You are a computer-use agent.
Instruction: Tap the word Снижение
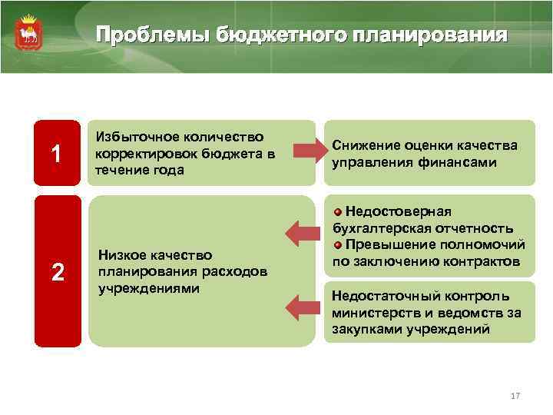click(x=365, y=146)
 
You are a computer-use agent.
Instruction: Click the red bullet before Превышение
click(x=338, y=245)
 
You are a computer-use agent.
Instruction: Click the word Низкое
click(x=121, y=255)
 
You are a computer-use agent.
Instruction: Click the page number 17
click(x=515, y=396)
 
